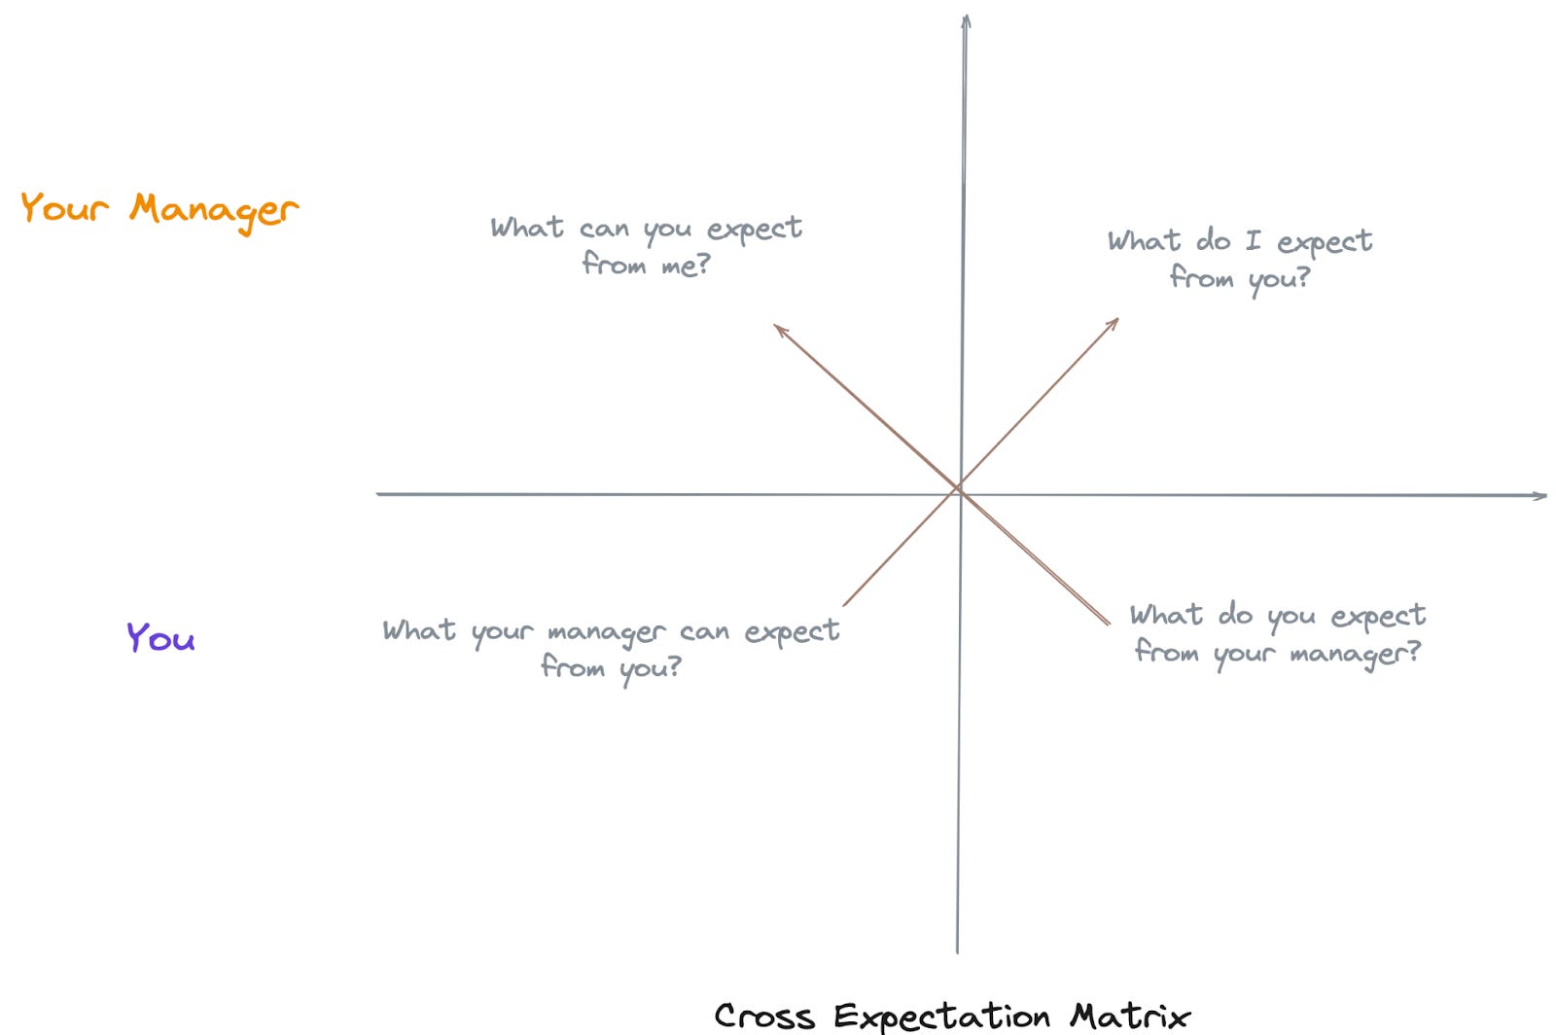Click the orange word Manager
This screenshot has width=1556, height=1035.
214,210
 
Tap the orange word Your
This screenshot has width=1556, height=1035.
64,207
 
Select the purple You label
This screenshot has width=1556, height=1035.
160,637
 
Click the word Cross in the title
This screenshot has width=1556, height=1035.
764,1016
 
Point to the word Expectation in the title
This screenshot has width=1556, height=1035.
941,1017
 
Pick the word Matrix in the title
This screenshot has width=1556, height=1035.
1130,1016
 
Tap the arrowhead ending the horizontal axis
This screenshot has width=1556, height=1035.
1540,496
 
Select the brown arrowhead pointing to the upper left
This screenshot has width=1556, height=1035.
779,330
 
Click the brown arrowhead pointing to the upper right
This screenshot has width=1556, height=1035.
1114,322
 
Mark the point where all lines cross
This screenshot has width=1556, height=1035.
960,489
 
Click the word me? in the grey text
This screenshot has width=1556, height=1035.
686,265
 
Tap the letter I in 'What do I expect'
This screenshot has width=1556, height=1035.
1253,240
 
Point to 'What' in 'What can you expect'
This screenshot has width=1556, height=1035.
527,228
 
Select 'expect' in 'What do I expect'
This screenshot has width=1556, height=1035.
1325,242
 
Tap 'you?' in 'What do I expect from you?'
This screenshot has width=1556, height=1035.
1279,280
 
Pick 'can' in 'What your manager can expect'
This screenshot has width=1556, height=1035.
704,632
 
